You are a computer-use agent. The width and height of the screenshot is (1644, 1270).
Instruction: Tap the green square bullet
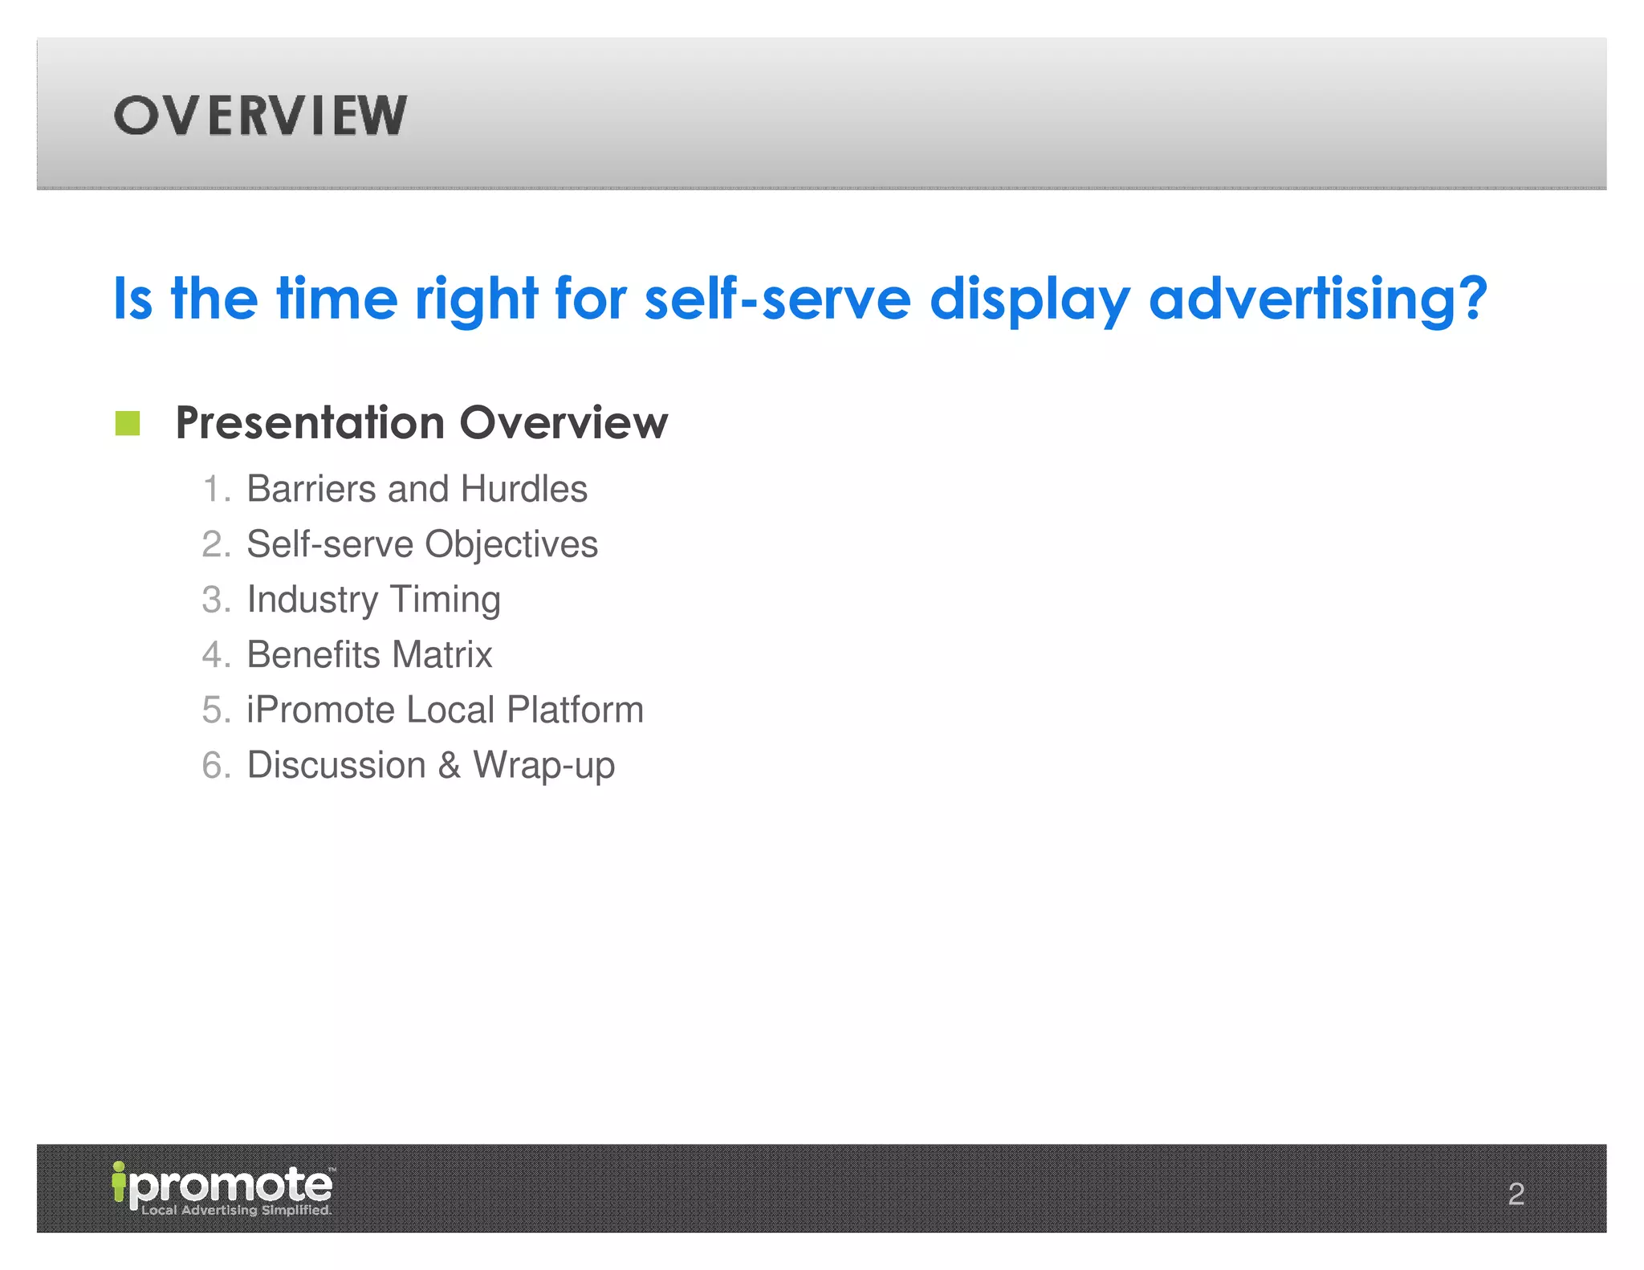pyautogui.click(x=128, y=423)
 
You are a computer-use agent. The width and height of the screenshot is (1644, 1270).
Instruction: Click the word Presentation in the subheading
pyautogui.click(x=310, y=423)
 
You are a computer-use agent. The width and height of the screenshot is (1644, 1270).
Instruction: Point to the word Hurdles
pyautogui.click(x=523, y=489)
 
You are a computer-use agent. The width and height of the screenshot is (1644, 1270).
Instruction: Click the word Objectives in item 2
pyautogui.click(x=511, y=545)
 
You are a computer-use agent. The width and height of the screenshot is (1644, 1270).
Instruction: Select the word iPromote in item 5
pyautogui.click(x=320, y=710)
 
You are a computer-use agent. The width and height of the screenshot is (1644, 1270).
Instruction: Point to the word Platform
pyautogui.click(x=575, y=710)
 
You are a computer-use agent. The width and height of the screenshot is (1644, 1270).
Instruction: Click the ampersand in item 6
pyautogui.click(x=450, y=765)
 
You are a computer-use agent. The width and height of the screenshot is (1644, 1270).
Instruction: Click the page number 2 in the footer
pyautogui.click(x=1516, y=1194)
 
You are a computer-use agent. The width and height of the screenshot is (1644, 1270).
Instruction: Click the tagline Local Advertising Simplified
pyautogui.click(x=236, y=1210)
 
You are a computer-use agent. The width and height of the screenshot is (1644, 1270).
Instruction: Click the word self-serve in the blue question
pyautogui.click(x=777, y=299)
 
